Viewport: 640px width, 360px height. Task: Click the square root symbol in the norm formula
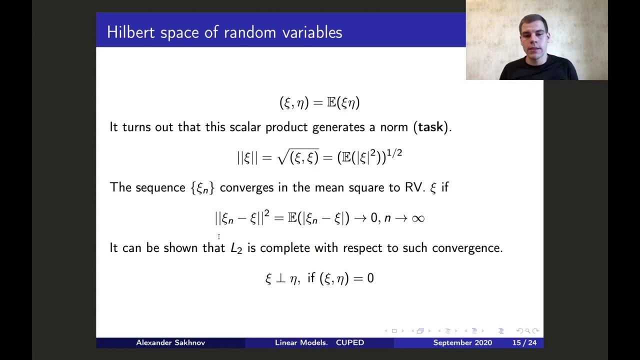(282, 157)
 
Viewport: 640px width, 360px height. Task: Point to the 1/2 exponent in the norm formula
(394, 152)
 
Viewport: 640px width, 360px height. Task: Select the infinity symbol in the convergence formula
(417, 218)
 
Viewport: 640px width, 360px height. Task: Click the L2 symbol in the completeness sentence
(236, 248)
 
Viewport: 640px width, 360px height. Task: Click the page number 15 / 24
(524, 342)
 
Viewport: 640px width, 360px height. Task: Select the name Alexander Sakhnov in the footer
(170, 342)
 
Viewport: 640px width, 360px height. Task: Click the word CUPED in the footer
(350, 342)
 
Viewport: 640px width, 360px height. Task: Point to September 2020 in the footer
(462, 342)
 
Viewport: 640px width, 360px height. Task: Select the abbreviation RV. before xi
(414, 187)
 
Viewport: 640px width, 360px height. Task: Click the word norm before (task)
(394, 127)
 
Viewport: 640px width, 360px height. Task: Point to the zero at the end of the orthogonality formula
(370, 278)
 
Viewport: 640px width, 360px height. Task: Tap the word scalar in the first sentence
(245, 127)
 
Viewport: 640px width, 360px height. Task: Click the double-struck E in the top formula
(331, 103)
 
